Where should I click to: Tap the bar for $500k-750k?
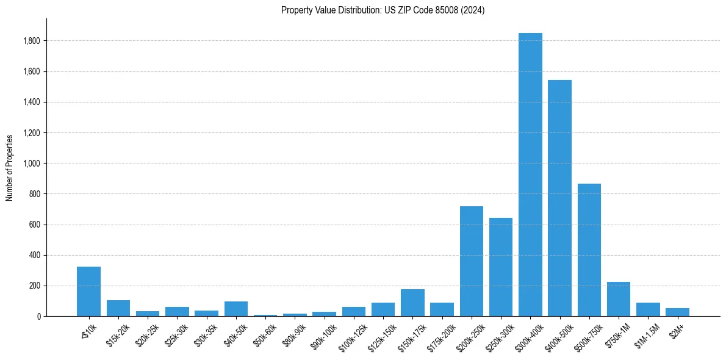click(589, 250)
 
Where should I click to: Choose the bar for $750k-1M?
click(619, 299)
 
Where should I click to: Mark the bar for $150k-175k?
click(412, 303)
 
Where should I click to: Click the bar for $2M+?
click(677, 312)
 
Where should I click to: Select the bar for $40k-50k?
click(236, 309)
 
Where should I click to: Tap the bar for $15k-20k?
click(118, 308)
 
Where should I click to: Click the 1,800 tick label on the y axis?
click(32, 41)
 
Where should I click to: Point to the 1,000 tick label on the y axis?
click(32, 164)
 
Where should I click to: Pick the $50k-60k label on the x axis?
click(263, 334)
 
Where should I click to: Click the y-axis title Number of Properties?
click(10, 167)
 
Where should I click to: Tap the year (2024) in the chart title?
click(474, 10)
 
